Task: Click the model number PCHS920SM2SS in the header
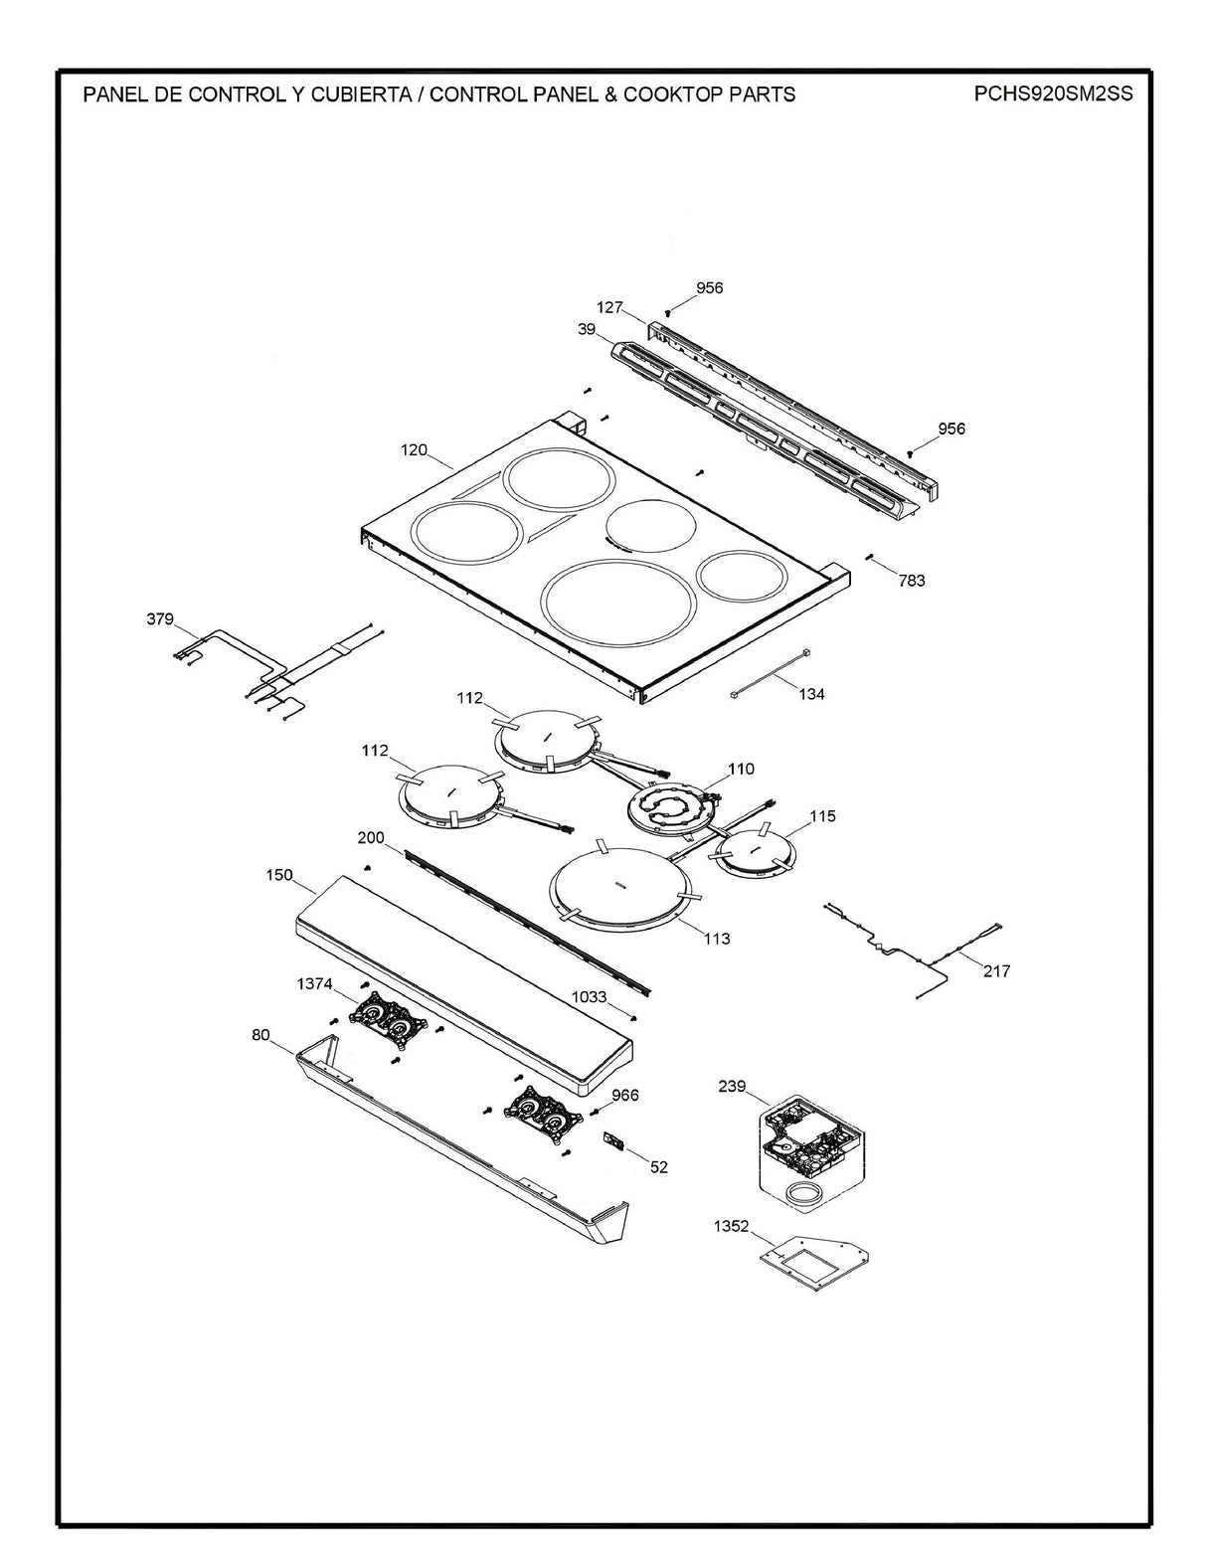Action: tap(1054, 94)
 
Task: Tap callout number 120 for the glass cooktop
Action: tap(414, 450)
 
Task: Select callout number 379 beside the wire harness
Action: tap(160, 619)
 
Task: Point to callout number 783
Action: tap(911, 580)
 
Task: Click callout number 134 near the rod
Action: tap(811, 694)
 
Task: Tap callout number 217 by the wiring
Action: tap(996, 970)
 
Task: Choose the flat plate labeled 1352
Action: tap(810, 1255)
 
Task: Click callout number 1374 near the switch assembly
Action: tap(314, 983)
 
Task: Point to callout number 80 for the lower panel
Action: tap(260, 1035)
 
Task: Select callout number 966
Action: tap(625, 1095)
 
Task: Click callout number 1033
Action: tap(589, 996)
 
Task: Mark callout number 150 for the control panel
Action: tap(279, 875)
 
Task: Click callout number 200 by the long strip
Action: tap(371, 838)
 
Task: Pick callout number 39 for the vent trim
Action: tap(587, 328)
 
